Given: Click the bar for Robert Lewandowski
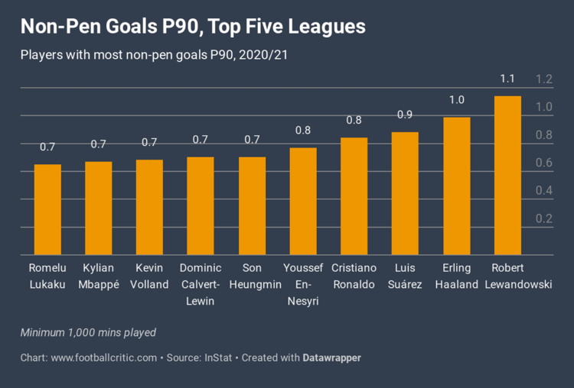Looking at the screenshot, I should click(x=507, y=176).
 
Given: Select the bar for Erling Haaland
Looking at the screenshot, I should click(x=457, y=186).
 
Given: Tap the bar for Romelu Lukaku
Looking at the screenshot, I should click(x=47, y=210).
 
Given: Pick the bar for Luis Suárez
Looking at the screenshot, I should click(x=405, y=194).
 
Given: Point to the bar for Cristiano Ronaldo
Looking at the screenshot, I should click(x=354, y=196).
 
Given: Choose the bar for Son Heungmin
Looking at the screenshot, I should click(x=252, y=206).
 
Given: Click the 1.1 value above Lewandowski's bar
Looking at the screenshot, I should click(x=507, y=79).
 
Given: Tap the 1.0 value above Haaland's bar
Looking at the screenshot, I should click(x=457, y=100).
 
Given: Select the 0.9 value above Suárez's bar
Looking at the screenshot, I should click(x=405, y=115).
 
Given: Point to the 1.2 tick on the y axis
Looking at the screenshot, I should click(x=543, y=79).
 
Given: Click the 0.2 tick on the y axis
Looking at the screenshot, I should click(x=543, y=219).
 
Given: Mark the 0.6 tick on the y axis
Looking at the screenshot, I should click(x=543, y=163).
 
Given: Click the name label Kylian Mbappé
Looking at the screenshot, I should click(x=98, y=276).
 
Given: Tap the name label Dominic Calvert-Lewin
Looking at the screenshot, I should click(x=201, y=284).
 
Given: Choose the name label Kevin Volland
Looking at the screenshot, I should click(x=149, y=276).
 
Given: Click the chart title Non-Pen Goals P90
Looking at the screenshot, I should click(x=193, y=27).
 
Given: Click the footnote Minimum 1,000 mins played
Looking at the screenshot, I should click(x=88, y=332).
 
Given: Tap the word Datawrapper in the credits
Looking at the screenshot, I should click(x=331, y=357).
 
